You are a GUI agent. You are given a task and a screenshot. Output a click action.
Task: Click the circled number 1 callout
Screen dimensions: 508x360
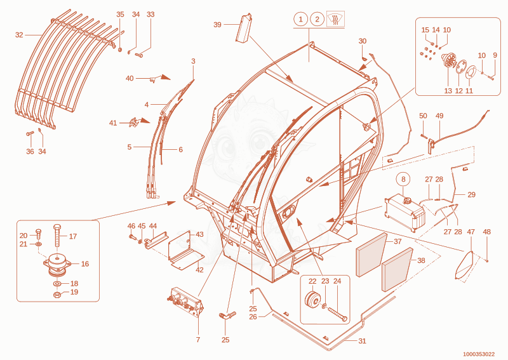pos(300,20)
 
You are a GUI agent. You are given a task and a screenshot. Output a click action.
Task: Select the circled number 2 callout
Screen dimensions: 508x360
pos(317,20)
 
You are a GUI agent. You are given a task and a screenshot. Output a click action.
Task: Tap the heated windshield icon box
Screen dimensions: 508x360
pos(335,19)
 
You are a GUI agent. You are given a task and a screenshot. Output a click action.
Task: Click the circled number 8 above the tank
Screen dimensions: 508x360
pos(403,179)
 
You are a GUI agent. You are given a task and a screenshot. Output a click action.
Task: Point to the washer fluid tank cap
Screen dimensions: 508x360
pos(406,201)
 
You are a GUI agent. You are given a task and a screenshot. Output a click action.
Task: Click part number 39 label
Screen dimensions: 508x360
pos(217,25)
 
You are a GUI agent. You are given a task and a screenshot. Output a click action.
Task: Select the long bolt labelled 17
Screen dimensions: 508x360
pos(57,236)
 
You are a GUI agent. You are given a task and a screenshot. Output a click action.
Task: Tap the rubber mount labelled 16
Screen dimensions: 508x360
pos(57,264)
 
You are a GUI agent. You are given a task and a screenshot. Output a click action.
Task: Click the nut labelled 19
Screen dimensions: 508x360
pos(58,295)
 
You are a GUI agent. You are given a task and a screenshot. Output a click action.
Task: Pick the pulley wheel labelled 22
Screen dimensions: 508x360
pos(312,300)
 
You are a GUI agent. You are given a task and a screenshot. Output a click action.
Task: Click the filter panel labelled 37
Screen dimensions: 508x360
pos(371,255)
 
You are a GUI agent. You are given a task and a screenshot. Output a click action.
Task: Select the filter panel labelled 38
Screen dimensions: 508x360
pos(398,270)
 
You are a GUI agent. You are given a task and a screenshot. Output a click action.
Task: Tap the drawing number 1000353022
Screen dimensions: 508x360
pos(479,354)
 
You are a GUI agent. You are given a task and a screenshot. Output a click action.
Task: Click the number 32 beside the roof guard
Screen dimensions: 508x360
pos(19,35)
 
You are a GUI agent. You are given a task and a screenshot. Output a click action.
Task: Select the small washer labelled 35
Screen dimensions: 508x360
pos(120,50)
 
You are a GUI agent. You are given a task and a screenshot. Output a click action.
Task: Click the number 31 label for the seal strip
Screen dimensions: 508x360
pos(362,341)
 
